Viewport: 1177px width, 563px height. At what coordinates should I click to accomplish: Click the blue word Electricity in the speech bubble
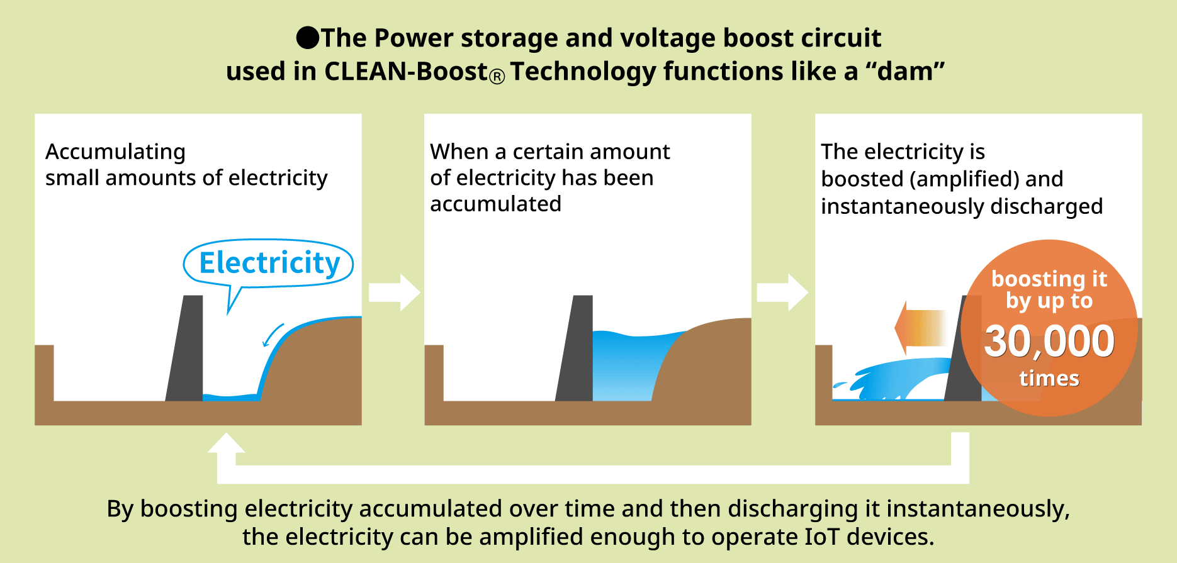(x=269, y=263)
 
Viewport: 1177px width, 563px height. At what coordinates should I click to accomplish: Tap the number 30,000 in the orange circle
(x=1049, y=341)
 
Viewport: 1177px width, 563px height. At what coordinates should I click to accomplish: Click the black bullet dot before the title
(x=308, y=38)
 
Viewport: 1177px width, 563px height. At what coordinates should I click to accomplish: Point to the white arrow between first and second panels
(x=394, y=293)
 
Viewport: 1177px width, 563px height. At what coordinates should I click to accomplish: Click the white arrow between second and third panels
(x=782, y=293)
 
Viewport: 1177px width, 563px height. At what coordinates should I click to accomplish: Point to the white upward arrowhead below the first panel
(x=226, y=444)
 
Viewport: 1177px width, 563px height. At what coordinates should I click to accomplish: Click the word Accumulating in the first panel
(x=115, y=152)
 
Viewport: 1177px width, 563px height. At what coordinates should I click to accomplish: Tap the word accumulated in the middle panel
(x=495, y=204)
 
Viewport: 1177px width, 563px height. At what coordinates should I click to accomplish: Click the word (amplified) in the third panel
(x=964, y=179)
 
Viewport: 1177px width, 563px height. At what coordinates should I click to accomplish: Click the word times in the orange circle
(x=1049, y=378)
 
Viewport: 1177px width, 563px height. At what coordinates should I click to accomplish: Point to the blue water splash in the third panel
(x=894, y=379)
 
